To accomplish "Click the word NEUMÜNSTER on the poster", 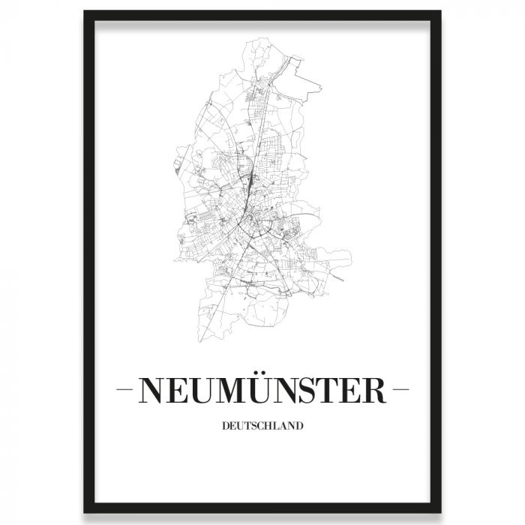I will [262, 391].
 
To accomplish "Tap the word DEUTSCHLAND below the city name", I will [262, 427].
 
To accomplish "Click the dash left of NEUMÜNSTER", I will [127, 391].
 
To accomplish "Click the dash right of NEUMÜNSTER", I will [400, 391].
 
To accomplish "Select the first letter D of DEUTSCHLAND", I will [226, 427].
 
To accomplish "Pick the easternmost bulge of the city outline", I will [350, 259].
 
